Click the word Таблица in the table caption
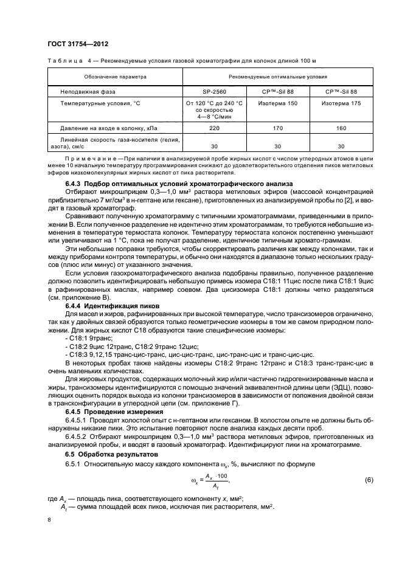(x=62, y=61)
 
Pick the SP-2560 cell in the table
(x=215, y=91)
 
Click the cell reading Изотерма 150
(x=277, y=103)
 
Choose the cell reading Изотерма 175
(x=341, y=103)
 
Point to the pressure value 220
(x=215, y=128)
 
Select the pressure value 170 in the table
(x=277, y=128)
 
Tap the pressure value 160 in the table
(x=341, y=128)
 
